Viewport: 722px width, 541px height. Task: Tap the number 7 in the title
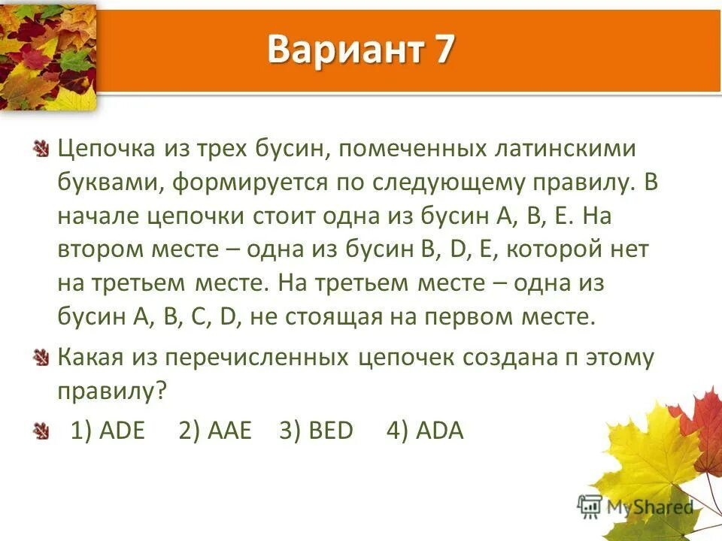click(x=443, y=50)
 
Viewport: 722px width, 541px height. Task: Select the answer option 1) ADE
click(x=108, y=431)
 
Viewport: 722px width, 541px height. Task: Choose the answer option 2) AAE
click(x=215, y=431)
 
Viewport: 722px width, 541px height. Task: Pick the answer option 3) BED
click(x=316, y=431)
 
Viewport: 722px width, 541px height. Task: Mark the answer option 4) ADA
click(x=425, y=431)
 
